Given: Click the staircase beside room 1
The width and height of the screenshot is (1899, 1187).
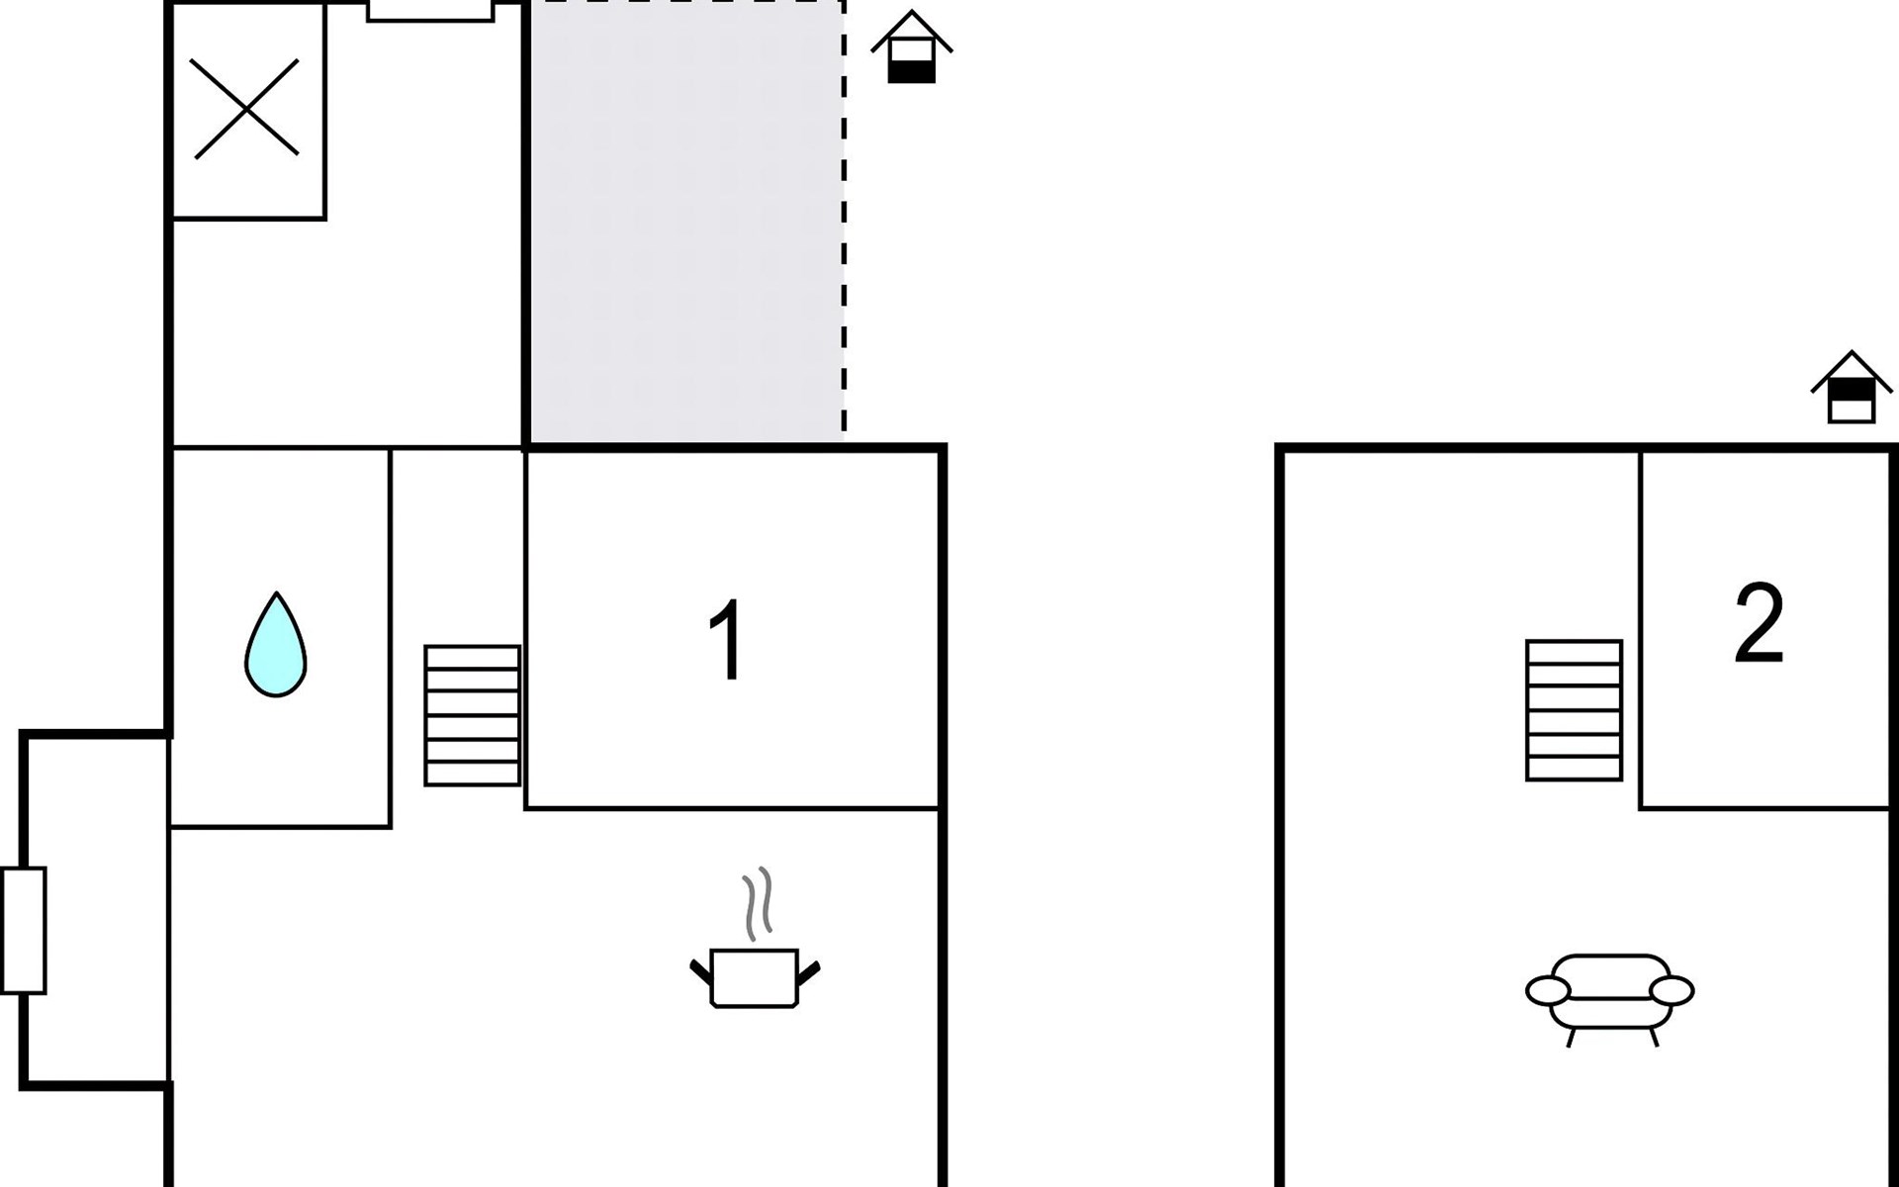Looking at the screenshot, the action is tap(473, 715).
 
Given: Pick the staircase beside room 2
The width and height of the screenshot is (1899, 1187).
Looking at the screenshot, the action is tap(1574, 710).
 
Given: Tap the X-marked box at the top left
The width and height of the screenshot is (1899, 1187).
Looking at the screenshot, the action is tap(248, 110).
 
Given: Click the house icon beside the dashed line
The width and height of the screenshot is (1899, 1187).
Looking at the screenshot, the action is tap(911, 46).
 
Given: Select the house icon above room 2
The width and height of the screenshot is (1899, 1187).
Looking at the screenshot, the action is tap(1852, 387).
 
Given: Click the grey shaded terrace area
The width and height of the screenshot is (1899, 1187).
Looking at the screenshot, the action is tap(686, 223).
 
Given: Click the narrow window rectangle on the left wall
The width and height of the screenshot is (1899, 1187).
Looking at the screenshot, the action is tap(24, 930).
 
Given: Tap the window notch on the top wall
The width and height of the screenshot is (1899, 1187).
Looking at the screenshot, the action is tap(430, 11).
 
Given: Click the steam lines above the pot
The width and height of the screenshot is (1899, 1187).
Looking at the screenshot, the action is tap(758, 904).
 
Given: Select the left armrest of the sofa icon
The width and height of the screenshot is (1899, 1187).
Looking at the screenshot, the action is tap(1548, 989).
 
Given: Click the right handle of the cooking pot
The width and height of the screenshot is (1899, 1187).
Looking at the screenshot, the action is tap(808, 973).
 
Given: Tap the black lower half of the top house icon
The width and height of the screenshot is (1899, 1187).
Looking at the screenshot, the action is tap(911, 71).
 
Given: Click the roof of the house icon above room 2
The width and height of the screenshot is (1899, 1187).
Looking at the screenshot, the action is tap(1852, 371).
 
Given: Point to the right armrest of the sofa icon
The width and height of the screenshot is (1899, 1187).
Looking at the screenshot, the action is tap(1673, 989).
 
